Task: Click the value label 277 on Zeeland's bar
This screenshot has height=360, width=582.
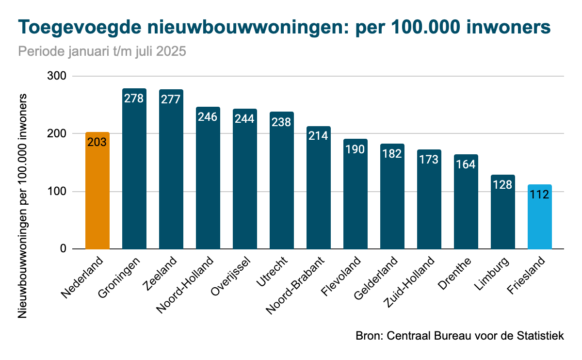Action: [x=171, y=99]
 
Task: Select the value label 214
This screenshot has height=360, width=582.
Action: [x=319, y=135]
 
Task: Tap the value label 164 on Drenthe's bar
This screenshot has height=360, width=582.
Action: [x=466, y=164]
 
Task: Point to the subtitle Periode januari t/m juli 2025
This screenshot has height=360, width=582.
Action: [x=102, y=51]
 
